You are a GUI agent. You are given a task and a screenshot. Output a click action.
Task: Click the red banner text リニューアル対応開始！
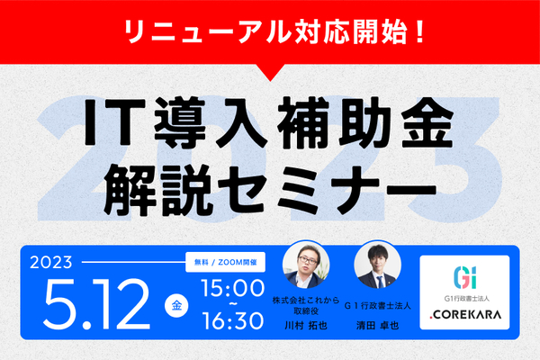(274, 32)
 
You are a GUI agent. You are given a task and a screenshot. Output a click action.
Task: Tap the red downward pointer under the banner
(270, 72)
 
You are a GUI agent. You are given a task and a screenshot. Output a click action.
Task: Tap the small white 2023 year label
(51, 263)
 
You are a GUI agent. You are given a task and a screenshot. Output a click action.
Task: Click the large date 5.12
(97, 304)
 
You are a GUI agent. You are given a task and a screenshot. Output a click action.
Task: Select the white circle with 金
(176, 305)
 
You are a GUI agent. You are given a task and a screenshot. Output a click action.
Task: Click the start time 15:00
(233, 288)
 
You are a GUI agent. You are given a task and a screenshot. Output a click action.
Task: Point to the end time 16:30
(233, 321)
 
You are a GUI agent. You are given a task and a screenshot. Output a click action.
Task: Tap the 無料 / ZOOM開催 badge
(225, 262)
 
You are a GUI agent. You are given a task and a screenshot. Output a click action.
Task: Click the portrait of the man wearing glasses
(306, 265)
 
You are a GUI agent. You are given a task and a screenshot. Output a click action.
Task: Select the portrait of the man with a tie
(378, 265)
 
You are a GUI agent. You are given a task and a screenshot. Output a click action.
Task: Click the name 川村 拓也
(306, 326)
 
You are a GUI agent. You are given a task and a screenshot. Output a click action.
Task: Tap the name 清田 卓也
(377, 326)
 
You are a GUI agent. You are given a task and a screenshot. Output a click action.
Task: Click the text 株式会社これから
(306, 301)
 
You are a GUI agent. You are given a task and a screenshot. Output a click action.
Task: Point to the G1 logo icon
(465, 277)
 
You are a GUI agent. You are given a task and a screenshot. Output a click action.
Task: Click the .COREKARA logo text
(465, 314)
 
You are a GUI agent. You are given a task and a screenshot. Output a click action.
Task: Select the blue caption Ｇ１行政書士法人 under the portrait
(378, 306)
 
